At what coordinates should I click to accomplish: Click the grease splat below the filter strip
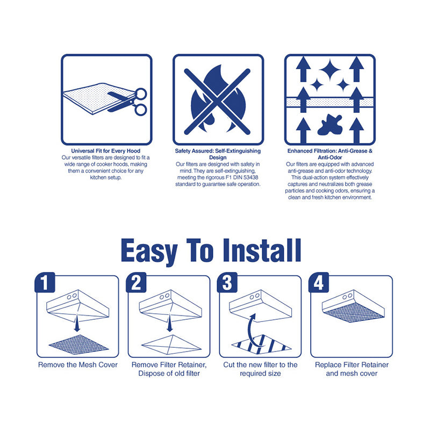coord(330,125)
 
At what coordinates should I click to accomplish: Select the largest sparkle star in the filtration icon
coord(330,70)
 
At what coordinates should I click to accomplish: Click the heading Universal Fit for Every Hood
coord(105,151)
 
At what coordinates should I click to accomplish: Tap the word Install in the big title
coord(262,250)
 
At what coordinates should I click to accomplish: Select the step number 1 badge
coord(45,283)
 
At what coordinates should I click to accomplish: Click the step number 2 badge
coord(136,283)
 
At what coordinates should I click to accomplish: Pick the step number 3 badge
coord(227,283)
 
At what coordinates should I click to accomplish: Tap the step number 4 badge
coord(319,283)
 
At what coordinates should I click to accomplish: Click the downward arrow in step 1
coord(77,324)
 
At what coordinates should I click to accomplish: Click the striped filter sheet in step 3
coord(261,345)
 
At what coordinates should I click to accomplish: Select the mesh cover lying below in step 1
coord(78,345)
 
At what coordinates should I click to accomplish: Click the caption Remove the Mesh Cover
coord(78,365)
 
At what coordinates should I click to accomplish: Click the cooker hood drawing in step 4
coord(353,306)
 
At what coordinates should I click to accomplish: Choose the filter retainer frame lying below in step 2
coord(171,345)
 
